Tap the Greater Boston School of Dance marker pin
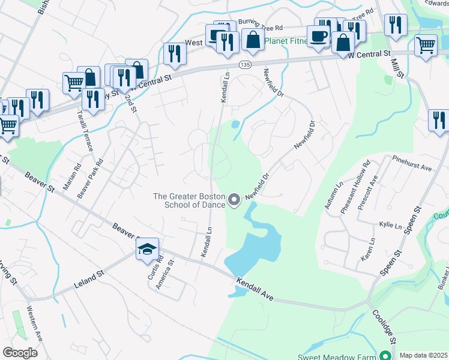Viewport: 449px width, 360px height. coord(235,199)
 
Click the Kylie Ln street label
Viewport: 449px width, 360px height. coord(390,226)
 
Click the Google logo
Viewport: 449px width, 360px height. coord(20,353)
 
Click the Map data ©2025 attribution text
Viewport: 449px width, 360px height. coord(423,355)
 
